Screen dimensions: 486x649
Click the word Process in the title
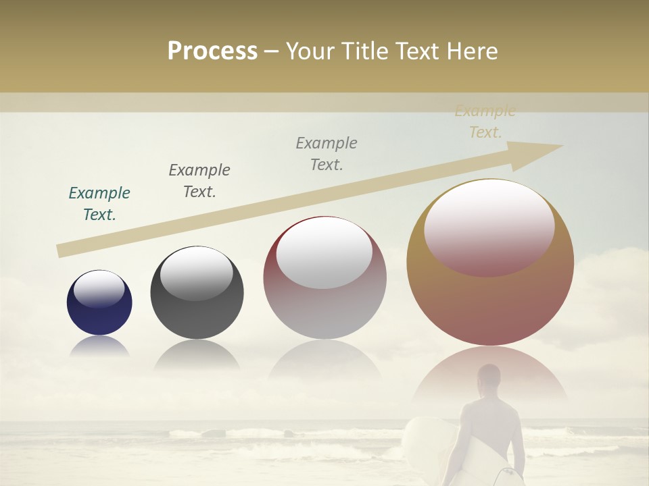tap(212, 51)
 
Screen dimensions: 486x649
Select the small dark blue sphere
tap(99, 303)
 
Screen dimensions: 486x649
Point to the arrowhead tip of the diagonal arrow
tap(562, 146)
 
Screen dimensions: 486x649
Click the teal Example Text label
tap(99, 204)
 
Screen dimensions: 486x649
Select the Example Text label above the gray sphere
tap(199, 181)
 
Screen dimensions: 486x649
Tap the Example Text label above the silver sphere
tap(327, 154)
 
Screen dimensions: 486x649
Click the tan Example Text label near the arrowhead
tap(485, 122)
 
